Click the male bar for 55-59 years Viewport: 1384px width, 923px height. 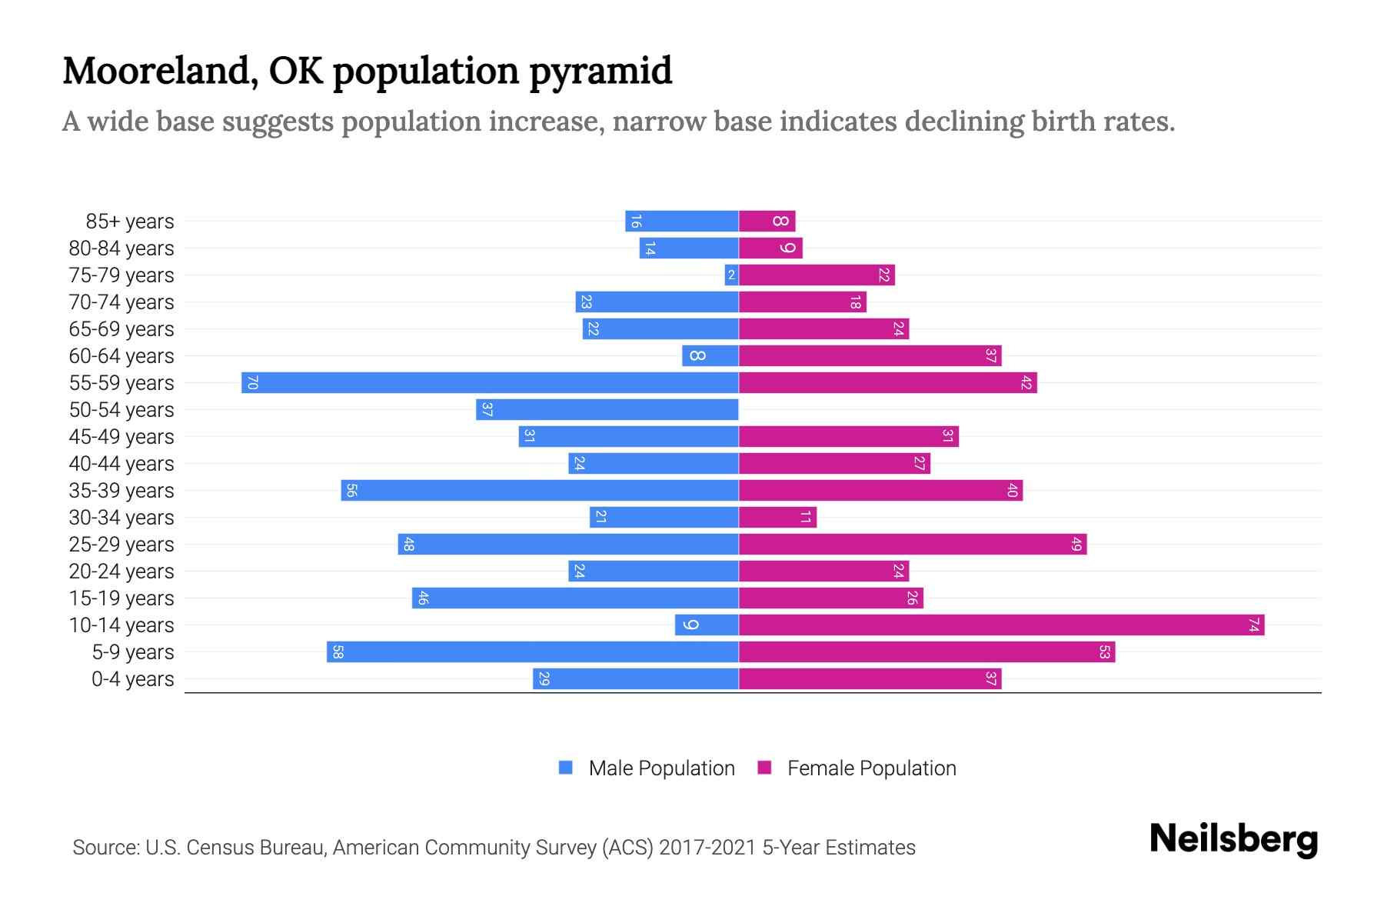pos(490,382)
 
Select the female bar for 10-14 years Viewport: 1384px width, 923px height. pos(1001,625)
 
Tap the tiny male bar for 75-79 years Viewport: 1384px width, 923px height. pos(731,275)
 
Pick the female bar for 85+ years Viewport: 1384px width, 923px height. pos(767,221)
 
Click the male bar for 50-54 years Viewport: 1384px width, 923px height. pos(607,409)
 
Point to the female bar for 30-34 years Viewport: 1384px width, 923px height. pos(777,517)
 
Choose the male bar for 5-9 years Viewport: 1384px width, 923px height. pos(532,651)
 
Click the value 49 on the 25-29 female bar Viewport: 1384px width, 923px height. pos(1076,545)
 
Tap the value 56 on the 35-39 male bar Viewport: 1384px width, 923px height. pos(351,491)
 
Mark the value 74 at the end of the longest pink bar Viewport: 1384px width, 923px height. pos(1253,625)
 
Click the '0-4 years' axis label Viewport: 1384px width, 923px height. pos(132,679)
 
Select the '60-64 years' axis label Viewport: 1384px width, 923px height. pos(121,356)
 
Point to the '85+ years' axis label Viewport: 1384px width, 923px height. pos(130,222)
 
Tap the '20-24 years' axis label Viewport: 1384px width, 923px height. pos(121,571)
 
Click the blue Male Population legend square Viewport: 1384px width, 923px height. pos(566,768)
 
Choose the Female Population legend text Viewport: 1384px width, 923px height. pos(871,768)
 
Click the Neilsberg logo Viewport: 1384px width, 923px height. pos(1233,839)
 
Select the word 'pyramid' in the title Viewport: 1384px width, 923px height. pos(600,72)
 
